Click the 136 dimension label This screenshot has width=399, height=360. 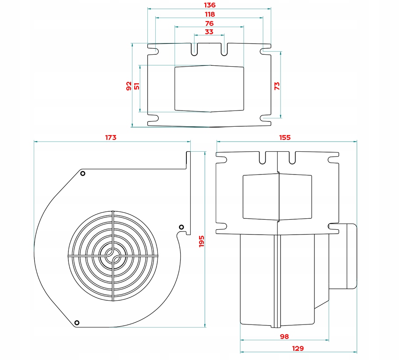[x=210, y=5]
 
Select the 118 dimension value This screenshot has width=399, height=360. [x=210, y=14]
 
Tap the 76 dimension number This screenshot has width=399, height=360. [x=209, y=23]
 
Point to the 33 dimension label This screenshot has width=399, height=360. [x=209, y=32]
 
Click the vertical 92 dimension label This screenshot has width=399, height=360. [x=128, y=86]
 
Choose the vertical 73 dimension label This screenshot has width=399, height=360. [x=277, y=86]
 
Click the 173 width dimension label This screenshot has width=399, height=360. [x=110, y=137]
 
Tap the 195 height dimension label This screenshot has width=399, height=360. [x=202, y=240]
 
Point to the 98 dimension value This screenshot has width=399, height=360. [x=285, y=336]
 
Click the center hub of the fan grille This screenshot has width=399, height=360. [x=112, y=256]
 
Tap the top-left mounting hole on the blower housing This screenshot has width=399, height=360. [x=82, y=174]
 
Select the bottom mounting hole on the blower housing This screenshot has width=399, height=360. [x=77, y=323]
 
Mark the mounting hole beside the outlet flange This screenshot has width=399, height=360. [x=181, y=227]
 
